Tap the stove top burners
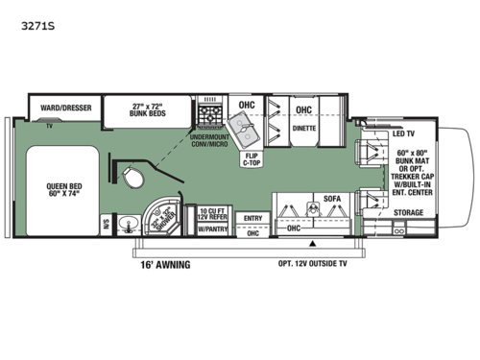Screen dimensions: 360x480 (x=208, y=120)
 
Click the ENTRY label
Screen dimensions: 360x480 (x=253, y=219)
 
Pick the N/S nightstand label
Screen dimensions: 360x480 (x=108, y=227)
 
